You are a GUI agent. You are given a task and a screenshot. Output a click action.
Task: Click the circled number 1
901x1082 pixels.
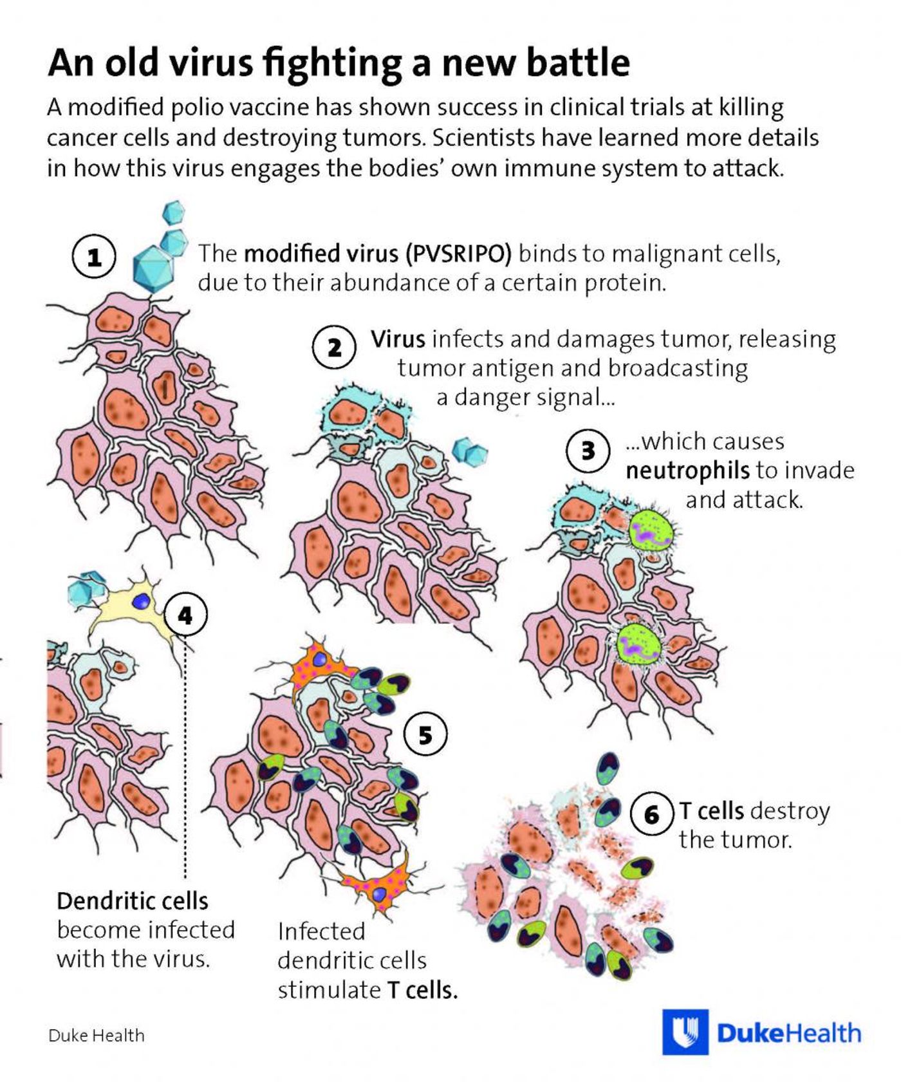click(x=94, y=257)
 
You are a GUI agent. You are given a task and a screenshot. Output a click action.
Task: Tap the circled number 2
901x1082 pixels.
click(x=334, y=348)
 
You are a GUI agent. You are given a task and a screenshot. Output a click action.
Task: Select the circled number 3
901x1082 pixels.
click(x=588, y=450)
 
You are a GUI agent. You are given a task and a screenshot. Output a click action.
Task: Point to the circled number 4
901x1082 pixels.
click(x=185, y=615)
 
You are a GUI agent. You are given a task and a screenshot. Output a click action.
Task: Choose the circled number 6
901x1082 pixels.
click(x=652, y=814)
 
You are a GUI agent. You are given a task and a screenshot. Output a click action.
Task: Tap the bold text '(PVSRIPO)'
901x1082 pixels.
click(x=458, y=254)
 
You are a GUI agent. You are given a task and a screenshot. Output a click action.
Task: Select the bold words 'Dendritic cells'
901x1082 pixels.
click(x=133, y=900)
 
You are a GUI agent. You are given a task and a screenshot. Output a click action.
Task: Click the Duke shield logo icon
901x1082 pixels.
click(x=685, y=1032)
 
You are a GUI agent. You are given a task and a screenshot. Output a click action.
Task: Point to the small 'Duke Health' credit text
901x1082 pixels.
click(x=97, y=1035)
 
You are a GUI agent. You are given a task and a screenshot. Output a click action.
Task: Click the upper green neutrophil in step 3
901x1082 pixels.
click(x=651, y=530)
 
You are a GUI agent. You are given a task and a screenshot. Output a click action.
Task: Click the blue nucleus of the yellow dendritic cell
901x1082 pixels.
click(x=141, y=601)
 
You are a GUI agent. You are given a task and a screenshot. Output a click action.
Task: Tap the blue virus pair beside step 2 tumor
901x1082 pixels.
click(x=470, y=451)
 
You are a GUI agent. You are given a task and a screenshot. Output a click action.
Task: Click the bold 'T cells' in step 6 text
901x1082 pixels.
click(x=712, y=811)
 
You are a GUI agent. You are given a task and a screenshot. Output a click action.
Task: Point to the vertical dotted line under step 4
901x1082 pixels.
click(x=185, y=758)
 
